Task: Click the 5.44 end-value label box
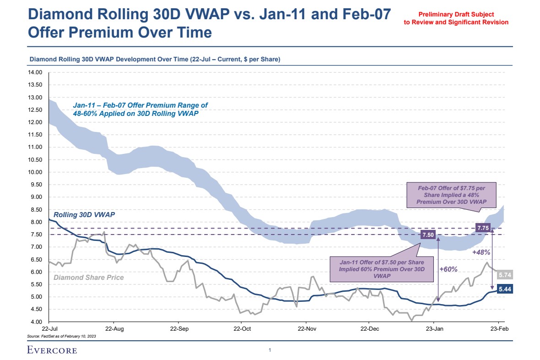(505, 289)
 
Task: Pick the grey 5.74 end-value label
(505, 275)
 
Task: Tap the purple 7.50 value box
(428, 235)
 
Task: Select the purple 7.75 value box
(483, 228)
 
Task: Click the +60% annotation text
(448, 269)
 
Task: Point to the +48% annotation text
(481, 252)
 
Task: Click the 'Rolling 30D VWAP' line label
(84, 214)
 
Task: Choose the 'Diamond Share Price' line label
(89, 277)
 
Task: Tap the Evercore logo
(52, 350)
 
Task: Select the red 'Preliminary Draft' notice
(456, 18)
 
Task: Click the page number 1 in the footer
(270, 350)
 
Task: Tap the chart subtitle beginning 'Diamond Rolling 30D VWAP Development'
(155, 60)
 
